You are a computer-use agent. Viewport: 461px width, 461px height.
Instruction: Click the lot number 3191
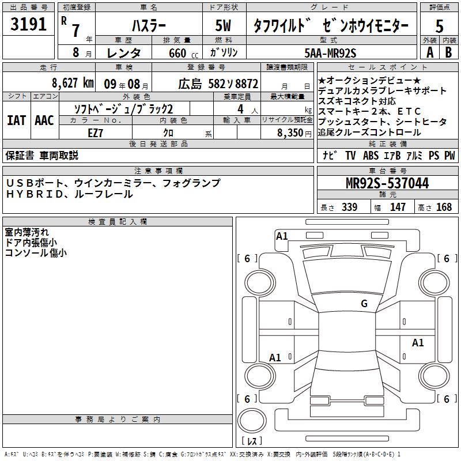click(x=28, y=24)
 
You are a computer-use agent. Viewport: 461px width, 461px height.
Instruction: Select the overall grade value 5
click(x=439, y=26)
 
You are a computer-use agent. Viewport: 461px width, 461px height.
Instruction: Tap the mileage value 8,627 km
click(x=73, y=83)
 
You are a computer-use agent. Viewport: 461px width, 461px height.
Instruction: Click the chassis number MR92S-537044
click(x=387, y=183)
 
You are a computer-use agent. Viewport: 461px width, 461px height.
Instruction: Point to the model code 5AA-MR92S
click(x=330, y=53)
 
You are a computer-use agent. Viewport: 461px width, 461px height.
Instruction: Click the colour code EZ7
click(x=95, y=133)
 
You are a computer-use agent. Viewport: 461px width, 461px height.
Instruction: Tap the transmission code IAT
click(x=16, y=120)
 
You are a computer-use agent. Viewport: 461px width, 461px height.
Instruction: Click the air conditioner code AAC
click(x=44, y=120)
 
